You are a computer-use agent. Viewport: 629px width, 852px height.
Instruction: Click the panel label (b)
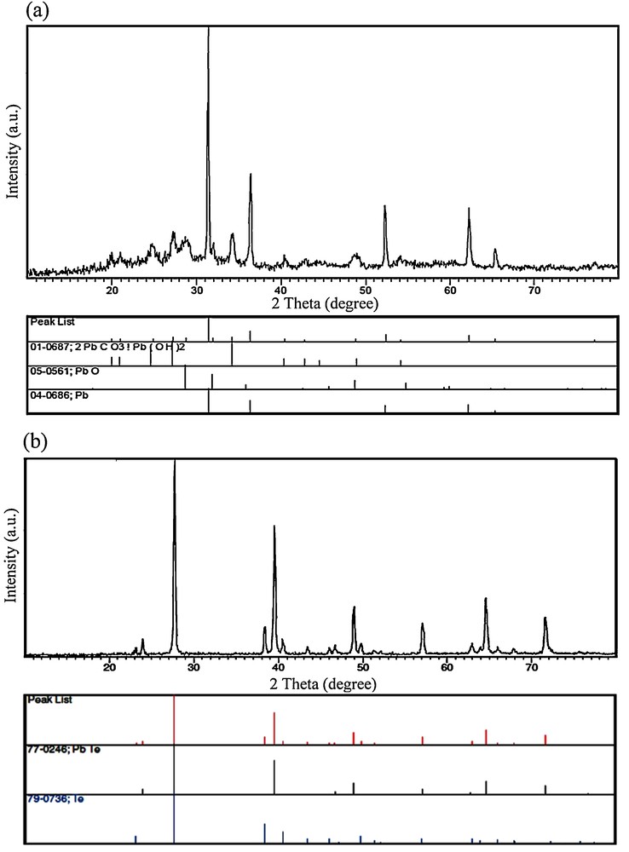pyautogui.click(x=17, y=443)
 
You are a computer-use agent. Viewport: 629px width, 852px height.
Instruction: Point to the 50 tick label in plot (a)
pyautogui.click(x=365, y=290)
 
